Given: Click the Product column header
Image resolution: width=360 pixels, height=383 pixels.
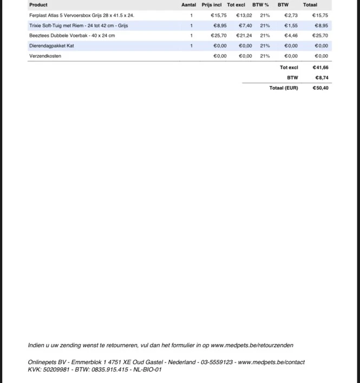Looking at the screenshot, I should pos(38,5).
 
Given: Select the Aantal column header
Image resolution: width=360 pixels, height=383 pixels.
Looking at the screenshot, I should pos(189,5).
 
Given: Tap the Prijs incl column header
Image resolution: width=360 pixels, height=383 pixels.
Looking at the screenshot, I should pos(212,5).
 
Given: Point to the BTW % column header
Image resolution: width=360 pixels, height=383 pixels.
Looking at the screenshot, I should pos(260,5).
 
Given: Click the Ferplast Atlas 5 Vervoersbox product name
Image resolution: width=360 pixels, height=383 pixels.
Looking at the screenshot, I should pos(81,16).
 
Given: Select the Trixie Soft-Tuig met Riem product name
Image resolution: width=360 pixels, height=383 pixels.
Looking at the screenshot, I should pos(78,25).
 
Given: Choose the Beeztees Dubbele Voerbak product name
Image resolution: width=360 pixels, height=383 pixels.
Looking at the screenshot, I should pos(72,36).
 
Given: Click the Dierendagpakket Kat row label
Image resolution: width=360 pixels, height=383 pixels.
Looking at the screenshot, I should pos(51,46).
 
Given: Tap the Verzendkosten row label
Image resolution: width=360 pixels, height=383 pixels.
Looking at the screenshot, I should pos(45,56).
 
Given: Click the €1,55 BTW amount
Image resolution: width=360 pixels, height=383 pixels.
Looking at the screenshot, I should pos(291,25).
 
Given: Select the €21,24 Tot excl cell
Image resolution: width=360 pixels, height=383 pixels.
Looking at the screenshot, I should pos(244,36).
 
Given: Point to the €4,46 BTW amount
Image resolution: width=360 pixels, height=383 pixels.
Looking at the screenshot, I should pos(291,36).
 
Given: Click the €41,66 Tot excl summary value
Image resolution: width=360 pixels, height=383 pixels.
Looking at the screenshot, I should pos(320,68).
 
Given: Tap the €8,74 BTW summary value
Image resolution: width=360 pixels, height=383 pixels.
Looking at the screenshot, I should pos(322,78).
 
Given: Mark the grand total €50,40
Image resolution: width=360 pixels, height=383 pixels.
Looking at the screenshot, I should pos(320,88).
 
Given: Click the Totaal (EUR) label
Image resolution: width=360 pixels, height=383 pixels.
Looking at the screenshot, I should pos(284,88).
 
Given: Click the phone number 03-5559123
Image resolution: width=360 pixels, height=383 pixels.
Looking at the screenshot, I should pos(217,362).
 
